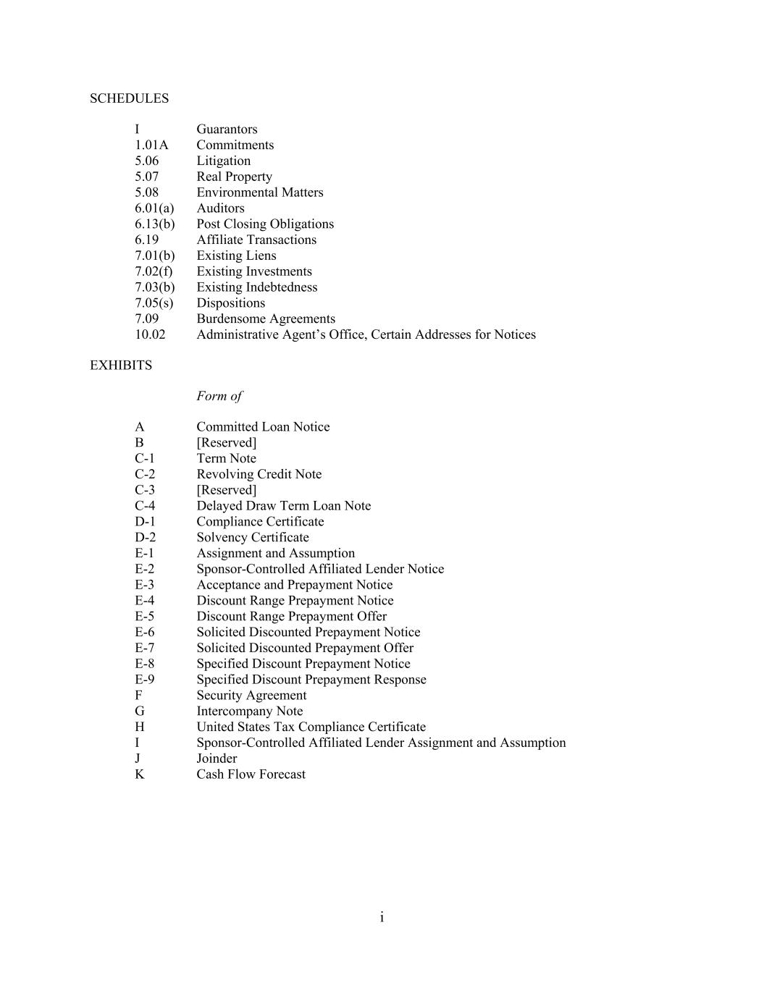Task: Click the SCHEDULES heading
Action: coord(129,98)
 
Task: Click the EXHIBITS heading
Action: coord(121,366)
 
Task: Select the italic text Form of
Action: coord(219,396)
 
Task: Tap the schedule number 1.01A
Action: coord(151,145)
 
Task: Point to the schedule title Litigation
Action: coord(223,161)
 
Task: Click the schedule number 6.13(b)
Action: coord(154,224)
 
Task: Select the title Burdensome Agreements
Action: coord(266,318)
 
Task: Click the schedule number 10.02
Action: coord(150,334)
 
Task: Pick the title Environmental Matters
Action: coord(260,193)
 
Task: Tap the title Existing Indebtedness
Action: coord(257,287)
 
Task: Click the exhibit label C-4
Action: coord(145,506)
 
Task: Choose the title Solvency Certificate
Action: coord(253,537)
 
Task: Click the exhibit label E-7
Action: coord(144,648)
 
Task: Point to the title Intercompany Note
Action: coord(250,711)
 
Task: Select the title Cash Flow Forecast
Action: coord(251,774)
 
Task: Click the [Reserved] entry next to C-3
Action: coord(226,490)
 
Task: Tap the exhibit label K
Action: coord(140,774)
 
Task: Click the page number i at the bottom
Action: coord(382,918)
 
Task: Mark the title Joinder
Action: coord(217,759)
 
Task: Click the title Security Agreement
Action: coord(251,696)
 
